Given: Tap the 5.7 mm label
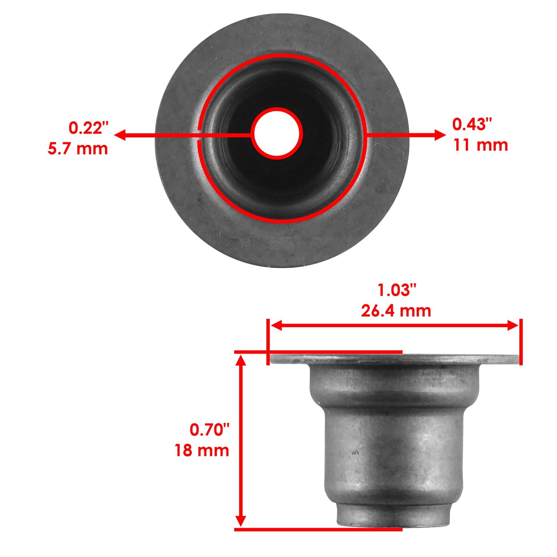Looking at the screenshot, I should (x=78, y=149).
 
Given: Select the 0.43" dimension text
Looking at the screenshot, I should (x=472, y=125).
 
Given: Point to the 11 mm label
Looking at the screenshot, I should (x=480, y=145).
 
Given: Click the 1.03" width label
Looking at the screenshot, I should (x=397, y=290).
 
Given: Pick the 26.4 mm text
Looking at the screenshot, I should (x=396, y=311).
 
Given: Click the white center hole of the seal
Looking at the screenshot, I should (x=277, y=134).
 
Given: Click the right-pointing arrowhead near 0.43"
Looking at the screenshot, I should (x=440, y=135).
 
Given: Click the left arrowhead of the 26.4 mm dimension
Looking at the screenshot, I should (x=276, y=326).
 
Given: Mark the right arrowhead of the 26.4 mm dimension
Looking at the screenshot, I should (x=513, y=326).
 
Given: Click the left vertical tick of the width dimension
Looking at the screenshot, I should (x=268, y=342).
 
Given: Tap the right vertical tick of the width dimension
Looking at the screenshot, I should (x=521, y=342).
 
